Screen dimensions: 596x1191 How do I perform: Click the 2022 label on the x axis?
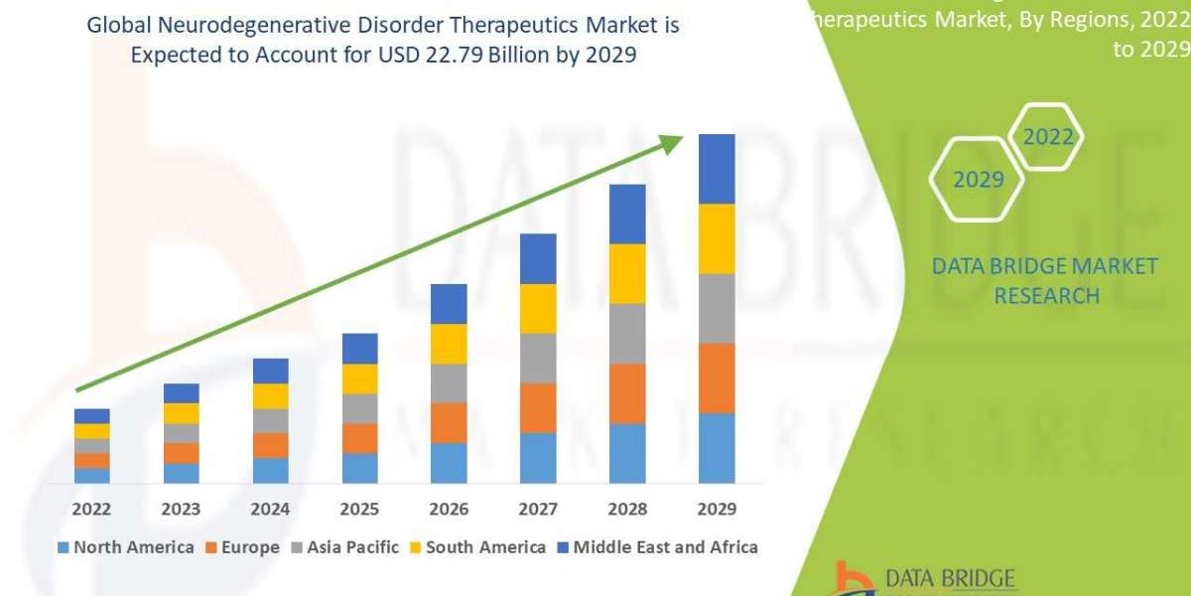click(91, 510)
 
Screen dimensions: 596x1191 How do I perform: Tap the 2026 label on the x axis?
click(449, 510)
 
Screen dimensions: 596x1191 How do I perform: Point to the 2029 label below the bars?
click(717, 510)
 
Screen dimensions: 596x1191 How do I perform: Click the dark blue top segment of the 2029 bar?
click(717, 169)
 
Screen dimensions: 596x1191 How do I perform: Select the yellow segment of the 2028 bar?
click(627, 273)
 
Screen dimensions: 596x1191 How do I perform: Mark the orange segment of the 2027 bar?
click(538, 407)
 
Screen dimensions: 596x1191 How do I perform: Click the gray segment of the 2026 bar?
click(449, 382)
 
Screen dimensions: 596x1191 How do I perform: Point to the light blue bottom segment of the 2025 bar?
click(359, 468)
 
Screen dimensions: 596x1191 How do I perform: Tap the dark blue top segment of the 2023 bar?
click(181, 393)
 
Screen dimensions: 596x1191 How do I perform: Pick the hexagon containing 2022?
click(1048, 137)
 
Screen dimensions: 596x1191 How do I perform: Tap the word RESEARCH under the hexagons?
click(1046, 296)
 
